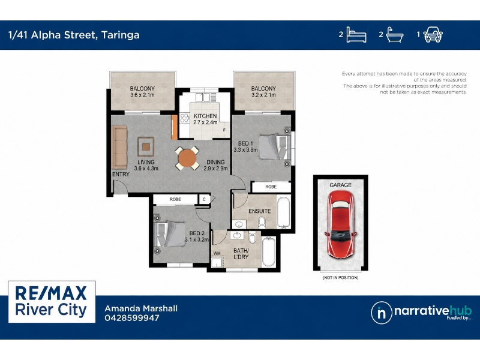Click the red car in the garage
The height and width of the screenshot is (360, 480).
coord(340,224)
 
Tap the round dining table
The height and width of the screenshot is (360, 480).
coord(187,158)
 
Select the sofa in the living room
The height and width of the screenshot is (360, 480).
coord(119,146)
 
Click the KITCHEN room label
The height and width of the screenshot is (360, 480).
coord(205,116)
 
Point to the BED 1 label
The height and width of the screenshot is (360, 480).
coord(245,143)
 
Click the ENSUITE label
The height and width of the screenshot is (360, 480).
coord(260,211)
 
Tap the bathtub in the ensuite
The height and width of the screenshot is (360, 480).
coord(283,213)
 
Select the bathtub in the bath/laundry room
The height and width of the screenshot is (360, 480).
coord(269,251)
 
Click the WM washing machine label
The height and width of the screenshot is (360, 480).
coord(217,253)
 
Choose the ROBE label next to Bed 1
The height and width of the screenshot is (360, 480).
coord(271,187)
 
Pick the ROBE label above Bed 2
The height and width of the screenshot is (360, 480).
coord(175,199)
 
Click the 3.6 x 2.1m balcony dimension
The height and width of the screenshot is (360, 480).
coord(142,95)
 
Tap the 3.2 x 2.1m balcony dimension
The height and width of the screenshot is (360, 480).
coord(263,95)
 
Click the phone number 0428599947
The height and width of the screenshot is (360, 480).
coord(132,318)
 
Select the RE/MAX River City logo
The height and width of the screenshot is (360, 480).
coord(52,302)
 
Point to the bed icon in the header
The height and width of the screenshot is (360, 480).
coord(356,35)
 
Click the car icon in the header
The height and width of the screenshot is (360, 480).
coord(433,34)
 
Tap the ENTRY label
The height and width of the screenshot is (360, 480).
coord(121,174)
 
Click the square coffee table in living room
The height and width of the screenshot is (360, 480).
coord(146,147)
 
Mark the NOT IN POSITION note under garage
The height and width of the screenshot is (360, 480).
coord(340,278)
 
